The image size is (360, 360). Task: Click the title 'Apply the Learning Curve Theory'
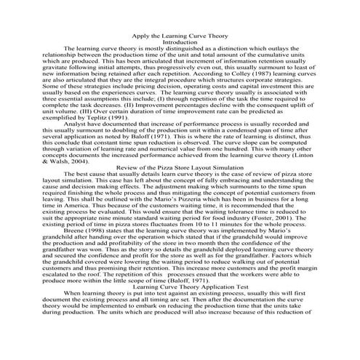(x=180, y=36)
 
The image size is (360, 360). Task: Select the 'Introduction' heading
(x=180, y=42)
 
